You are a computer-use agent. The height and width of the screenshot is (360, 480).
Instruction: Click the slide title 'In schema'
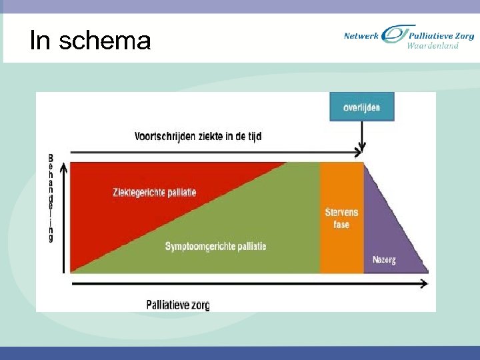[x=91, y=41]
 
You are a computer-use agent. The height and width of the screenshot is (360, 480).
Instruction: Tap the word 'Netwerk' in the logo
[x=361, y=36]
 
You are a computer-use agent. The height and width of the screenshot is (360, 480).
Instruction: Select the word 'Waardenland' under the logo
[x=433, y=46]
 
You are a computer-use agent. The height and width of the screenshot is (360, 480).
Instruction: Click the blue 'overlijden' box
[x=362, y=107]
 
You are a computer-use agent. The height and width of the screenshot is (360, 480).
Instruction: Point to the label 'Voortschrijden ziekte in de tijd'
[x=198, y=137]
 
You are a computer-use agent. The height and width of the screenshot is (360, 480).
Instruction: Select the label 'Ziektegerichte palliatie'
[x=154, y=193]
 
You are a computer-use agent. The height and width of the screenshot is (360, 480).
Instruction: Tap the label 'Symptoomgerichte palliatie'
[x=215, y=247]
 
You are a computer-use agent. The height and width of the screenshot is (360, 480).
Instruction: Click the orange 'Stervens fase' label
[x=341, y=219]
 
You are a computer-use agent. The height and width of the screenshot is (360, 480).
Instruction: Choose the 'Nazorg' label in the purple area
[x=384, y=260]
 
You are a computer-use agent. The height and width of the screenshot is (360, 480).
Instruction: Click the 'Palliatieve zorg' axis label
[x=178, y=305]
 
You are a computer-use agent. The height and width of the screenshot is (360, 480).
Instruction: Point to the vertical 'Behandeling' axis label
[x=51, y=198]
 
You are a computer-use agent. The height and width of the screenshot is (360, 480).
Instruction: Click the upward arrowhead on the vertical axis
[x=63, y=167]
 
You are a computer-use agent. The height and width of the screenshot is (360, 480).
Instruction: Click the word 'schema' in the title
[x=105, y=41]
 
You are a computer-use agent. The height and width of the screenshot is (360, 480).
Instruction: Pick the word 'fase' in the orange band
[x=341, y=225]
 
